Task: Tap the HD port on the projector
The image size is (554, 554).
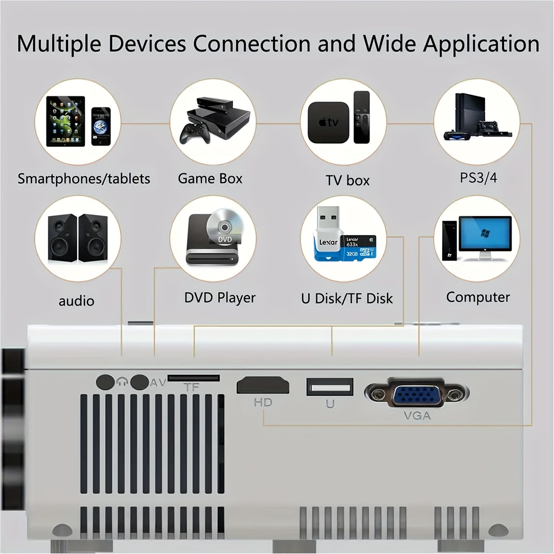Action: [x=263, y=385]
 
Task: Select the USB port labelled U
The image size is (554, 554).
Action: [x=330, y=386]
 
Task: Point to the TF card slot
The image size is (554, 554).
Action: [x=194, y=378]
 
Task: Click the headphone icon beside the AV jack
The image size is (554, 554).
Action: [x=122, y=382]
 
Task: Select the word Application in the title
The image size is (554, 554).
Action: [x=481, y=44]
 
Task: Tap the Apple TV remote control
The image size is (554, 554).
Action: [x=362, y=117]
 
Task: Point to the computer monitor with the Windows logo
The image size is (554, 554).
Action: [x=485, y=235]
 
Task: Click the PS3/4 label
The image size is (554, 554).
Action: [x=478, y=178]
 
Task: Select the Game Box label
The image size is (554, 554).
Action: [x=210, y=179]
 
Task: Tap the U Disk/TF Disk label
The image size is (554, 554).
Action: [x=347, y=299]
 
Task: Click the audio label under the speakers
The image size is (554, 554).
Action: [x=76, y=301]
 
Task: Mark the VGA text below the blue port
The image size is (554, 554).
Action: [x=417, y=415]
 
